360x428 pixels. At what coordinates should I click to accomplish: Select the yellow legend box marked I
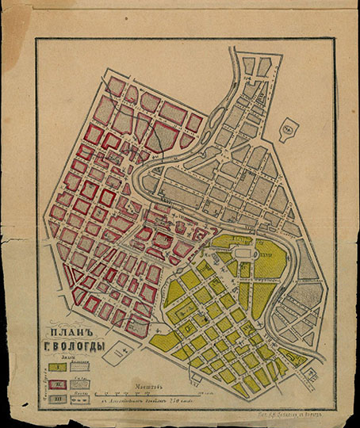point(57,369)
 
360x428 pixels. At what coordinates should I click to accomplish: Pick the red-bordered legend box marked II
point(57,384)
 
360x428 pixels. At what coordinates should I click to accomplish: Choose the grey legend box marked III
point(57,400)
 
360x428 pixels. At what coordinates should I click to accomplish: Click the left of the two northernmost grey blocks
point(248,66)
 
